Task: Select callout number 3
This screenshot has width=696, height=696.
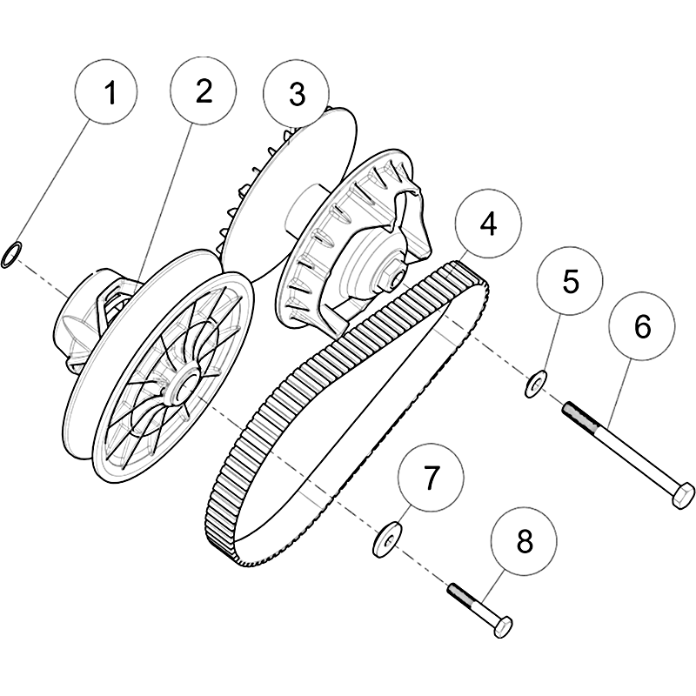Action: pos(297,94)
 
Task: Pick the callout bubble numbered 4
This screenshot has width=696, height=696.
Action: pos(488,223)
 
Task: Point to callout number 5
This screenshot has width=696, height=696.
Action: pos(570,281)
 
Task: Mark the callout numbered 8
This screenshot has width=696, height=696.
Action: pos(524,542)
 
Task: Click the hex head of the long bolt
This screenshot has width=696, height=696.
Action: pos(680,496)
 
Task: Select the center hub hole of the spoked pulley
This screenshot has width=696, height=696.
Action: pos(186,385)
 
